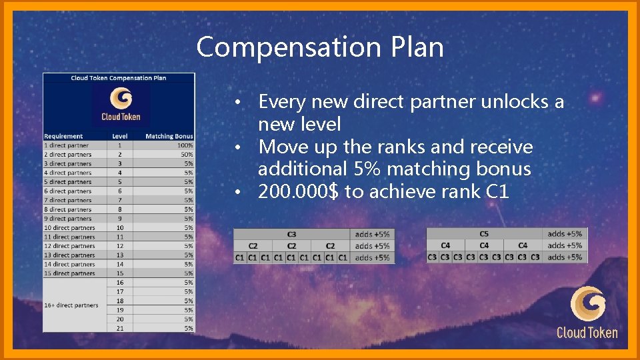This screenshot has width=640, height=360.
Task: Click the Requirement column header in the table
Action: coord(64,136)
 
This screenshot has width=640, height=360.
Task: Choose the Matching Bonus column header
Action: coord(169,136)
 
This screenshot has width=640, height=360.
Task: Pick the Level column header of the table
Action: coord(119,136)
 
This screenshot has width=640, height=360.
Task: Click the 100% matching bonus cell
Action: coord(185,145)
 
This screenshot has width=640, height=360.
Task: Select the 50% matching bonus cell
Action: coord(187,154)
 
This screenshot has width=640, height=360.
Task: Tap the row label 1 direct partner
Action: coord(67,145)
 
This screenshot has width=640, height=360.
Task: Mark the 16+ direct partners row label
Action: coord(71,305)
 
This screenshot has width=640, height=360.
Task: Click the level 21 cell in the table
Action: coord(120,328)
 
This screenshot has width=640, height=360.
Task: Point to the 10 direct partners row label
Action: coord(70,227)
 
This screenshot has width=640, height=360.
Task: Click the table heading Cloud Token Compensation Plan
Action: coord(119,78)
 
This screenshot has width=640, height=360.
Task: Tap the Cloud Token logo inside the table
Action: coord(121,105)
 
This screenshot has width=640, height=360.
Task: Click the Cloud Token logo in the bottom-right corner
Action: coord(587,311)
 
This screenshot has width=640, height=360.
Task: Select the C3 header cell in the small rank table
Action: coord(292,234)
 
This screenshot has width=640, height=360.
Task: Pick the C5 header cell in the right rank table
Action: coord(484,234)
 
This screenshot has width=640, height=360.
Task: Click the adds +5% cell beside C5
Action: coord(565,234)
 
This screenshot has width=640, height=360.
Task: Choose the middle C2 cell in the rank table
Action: coord(292,246)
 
